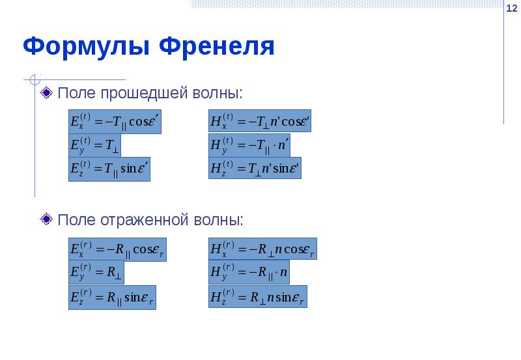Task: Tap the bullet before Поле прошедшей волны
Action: (47, 93)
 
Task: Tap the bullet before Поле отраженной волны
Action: (47, 219)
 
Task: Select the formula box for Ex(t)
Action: (115, 122)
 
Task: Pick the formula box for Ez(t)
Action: (109, 169)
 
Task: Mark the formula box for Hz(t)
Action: (255, 169)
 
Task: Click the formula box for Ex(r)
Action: (117, 249)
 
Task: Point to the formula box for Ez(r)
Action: (112, 297)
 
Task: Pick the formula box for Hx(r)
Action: (262, 249)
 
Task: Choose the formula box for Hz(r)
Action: (257, 297)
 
